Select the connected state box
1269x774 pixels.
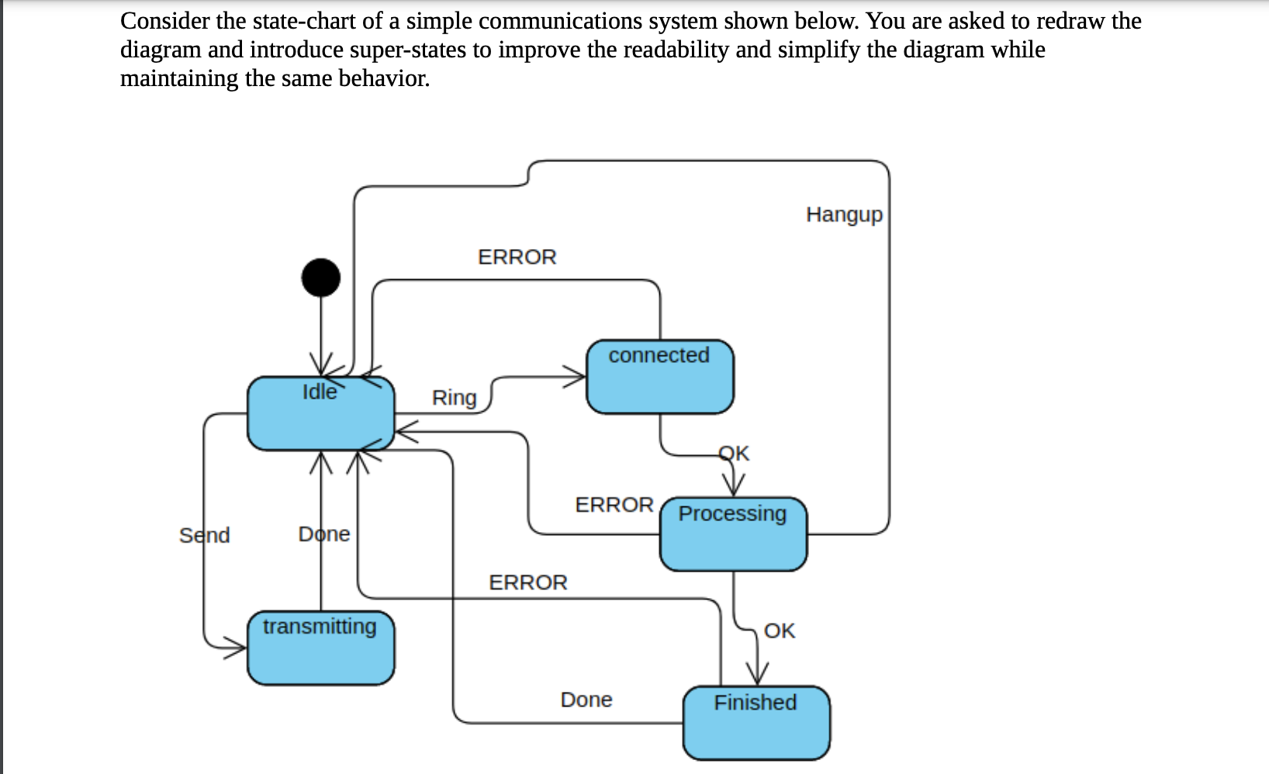(659, 376)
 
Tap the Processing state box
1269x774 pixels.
(733, 534)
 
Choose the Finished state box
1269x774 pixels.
(756, 722)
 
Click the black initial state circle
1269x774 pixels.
(320, 277)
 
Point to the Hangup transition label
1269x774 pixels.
(844, 214)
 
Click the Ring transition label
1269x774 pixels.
(454, 397)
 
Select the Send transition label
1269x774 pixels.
(204, 535)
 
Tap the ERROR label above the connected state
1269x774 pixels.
(517, 257)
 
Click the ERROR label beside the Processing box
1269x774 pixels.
(614, 505)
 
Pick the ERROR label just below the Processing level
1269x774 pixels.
(527, 582)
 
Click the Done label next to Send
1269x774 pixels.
(324, 534)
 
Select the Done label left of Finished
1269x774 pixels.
(586, 700)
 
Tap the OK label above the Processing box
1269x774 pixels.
(734, 452)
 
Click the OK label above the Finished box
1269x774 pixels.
(779, 631)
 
